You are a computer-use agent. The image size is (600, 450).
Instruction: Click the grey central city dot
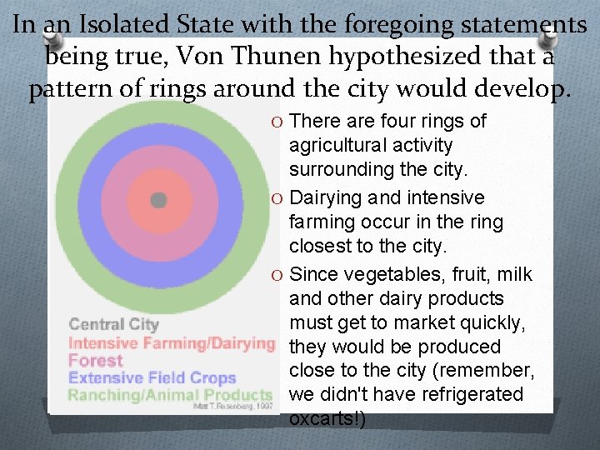pyautogui.click(x=158, y=200)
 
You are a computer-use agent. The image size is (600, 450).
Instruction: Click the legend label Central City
pyautogui.click(x=112, y=324)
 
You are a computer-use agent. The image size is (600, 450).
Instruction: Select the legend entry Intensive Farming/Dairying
pyautogui.click(x=171, y=342)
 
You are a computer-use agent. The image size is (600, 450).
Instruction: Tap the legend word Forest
pyautogui.click(x=95, y=360)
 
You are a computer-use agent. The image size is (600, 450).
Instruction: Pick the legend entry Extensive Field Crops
pyautogui.click(x=152, y=377)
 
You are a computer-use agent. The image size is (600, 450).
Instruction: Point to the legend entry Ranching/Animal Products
pyautogui.click(x=170, y=394)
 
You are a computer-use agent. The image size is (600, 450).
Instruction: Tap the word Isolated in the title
pyautogui.click(x=113, y=24)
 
